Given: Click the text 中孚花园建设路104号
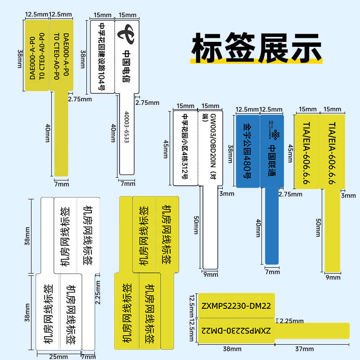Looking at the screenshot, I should (x=102, y=56).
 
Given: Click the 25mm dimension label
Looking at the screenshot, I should (x=59, y=356).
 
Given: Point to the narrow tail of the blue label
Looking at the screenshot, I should (x=272, y=225).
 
